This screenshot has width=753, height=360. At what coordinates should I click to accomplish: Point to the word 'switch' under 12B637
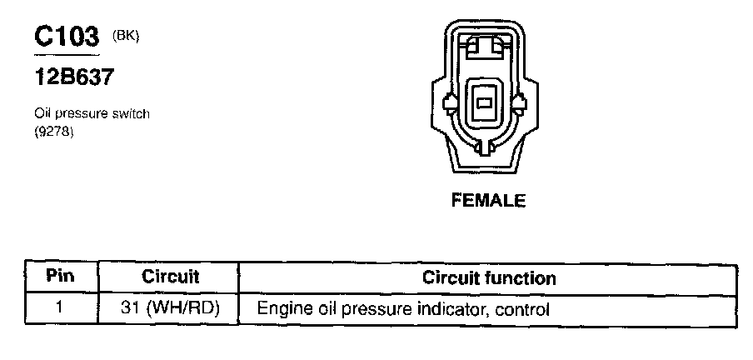click(130, 113)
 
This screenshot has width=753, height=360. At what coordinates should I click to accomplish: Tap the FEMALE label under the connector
click(488, 200)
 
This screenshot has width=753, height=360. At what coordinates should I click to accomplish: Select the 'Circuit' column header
click(170, 277)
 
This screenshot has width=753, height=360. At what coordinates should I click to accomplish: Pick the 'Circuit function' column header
click(489, 277)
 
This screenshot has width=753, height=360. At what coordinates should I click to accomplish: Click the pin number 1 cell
click(59, 308)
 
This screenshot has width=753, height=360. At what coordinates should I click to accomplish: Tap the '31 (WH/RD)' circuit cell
click(170, 308)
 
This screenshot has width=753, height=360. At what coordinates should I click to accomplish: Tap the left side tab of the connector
click(451, 103)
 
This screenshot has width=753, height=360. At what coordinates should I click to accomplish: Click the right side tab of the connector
click(521, 103)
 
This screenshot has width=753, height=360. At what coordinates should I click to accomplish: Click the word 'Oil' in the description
click(42, 113)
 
